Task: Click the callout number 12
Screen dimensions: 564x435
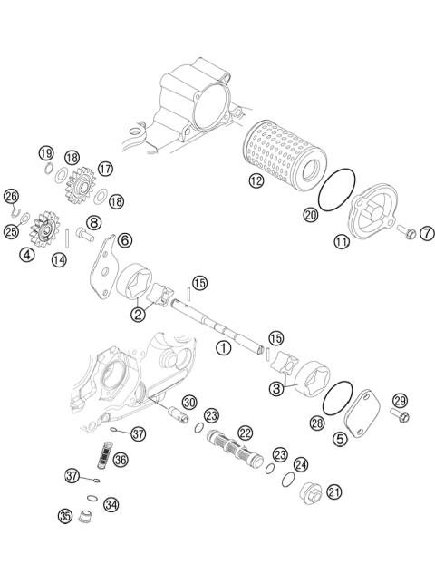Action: [x=256, y=181]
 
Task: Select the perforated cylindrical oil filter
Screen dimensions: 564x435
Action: [x=284, y=155]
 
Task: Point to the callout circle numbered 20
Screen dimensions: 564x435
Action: [x=310, y=216]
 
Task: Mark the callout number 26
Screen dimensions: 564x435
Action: [x=11, y=196]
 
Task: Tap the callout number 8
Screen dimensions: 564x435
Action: [x=93, y=222]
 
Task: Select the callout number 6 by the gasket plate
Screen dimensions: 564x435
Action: [x=124, y=239]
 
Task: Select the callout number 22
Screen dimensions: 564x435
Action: [x=246, y=433]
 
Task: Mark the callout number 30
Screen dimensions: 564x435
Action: [x=188, y=402]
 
